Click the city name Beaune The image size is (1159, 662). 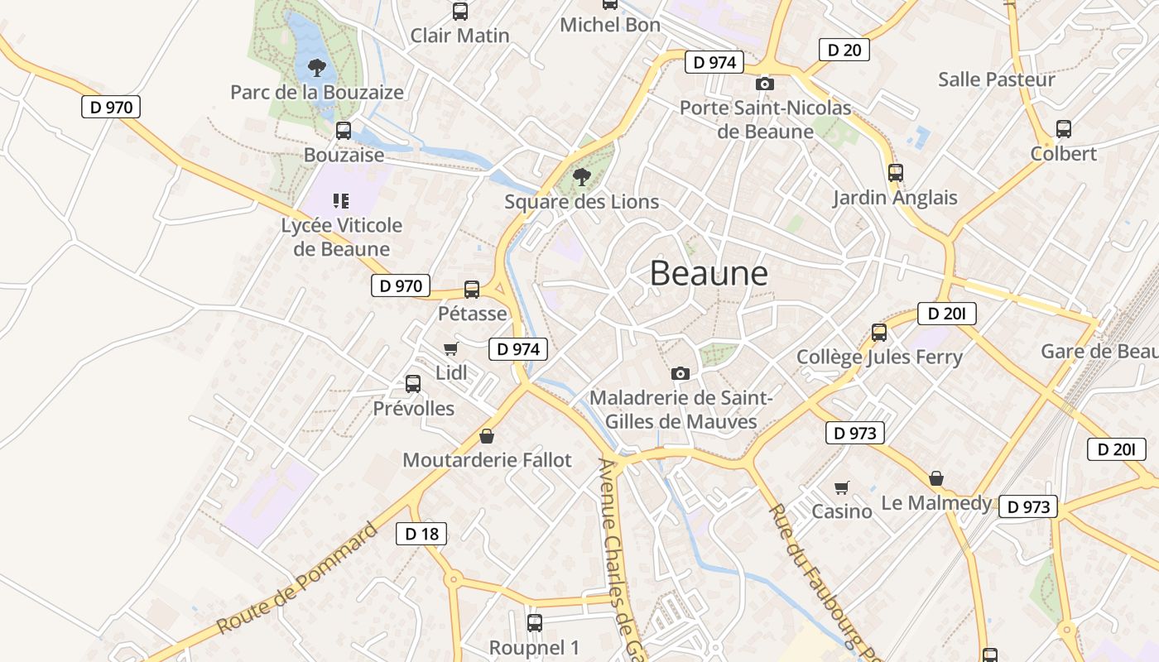click(x=709, y=273)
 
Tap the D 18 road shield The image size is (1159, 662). click(x=421, y=534)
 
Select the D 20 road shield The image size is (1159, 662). click(x=844, y=50)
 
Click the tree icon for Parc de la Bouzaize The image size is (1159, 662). click(x=316, y=67)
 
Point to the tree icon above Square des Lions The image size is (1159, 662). click(x=582, y=176)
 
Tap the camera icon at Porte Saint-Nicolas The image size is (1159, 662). click(x=765, y=84)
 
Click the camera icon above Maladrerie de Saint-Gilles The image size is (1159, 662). click(x=680, y=373)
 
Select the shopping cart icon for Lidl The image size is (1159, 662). click(x=450, y=349)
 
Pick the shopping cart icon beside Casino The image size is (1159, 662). click(x=842, y=487)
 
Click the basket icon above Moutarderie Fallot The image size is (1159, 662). click(x=487, y=436)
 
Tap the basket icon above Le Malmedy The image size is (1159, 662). click(x=936, y=478)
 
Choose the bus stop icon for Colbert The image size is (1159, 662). click(x=1064, y=129)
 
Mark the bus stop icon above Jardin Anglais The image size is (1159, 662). click(x=895, y=173)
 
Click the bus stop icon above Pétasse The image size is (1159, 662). click(x=472, y=290)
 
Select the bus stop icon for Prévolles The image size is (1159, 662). click(x=413, y=384)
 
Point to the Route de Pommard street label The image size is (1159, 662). click(x=296, y=578)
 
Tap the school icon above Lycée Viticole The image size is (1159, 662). click(x=341, y=200)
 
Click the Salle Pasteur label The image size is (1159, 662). click(x=996, y=79)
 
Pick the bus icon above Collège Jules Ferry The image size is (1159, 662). click(x=879, y=333)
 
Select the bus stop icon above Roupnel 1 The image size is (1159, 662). click(x=535, y=623)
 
